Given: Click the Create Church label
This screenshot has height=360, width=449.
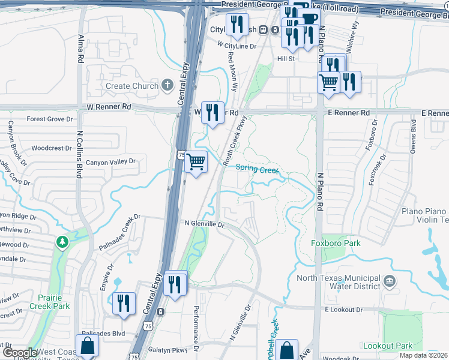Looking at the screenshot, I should [132, 86].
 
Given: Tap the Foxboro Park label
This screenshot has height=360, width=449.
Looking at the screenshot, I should [336, 244].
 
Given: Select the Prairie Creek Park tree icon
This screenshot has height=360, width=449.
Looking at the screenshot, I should [61, 242].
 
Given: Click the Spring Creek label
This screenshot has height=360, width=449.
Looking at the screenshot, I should [257, 169].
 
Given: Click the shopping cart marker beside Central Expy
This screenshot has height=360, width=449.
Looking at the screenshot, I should [196, 161].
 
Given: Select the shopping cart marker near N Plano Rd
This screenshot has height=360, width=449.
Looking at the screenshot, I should [328, 82].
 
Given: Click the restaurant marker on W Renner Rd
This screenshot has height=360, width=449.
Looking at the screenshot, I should [212, 112].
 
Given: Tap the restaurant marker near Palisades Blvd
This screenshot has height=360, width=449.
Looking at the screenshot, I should [124, 303].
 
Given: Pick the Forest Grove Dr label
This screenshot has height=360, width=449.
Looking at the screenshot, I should [50, 119].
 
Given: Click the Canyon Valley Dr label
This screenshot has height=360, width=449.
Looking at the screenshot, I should [111, 162].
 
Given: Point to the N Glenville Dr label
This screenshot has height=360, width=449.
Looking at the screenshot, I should [203, 224].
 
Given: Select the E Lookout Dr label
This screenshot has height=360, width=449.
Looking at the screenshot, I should [345, 309].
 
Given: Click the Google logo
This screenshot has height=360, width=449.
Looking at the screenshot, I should [20, 353].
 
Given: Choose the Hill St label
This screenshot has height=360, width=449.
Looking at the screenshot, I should [286, 59].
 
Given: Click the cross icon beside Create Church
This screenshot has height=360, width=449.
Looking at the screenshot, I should [166, 86].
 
